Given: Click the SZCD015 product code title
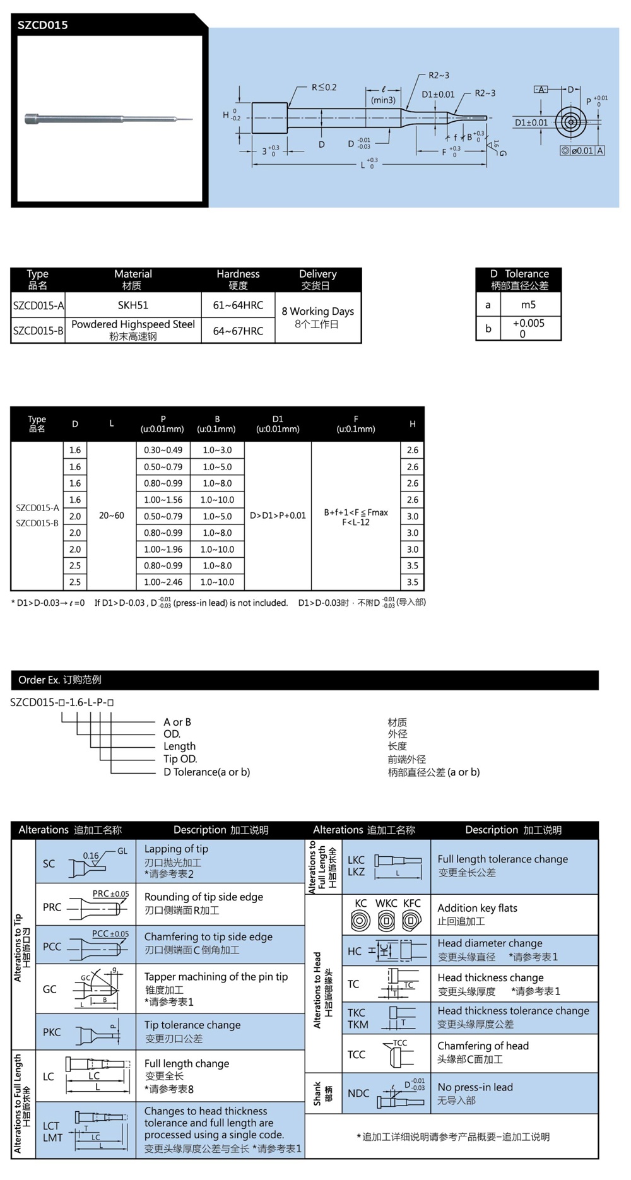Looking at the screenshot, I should point(43,25).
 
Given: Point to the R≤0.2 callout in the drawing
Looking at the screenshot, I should point(324,87).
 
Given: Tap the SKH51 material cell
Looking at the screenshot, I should point(133,305).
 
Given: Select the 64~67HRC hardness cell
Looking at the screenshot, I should point(238,331).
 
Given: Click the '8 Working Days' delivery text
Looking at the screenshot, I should point(317,311).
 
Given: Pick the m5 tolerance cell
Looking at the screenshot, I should point(528,305).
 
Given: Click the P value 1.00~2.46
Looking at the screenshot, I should point(163,582).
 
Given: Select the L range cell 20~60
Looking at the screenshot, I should point(112,516).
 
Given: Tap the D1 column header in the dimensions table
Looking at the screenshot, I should point(278,419).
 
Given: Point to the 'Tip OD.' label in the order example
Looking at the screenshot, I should point(180,759).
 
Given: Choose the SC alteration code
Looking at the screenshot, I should point(49,863).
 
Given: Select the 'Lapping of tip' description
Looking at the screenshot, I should point(176,849).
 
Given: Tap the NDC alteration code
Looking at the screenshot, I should point(358,1093).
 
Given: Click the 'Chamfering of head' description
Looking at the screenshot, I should point(483,1046).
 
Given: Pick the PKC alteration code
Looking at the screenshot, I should point(52,1032).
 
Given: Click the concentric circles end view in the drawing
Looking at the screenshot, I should point(570,122).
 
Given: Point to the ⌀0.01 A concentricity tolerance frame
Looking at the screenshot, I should point(582,151).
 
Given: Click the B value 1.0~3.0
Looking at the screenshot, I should point(217,450).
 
